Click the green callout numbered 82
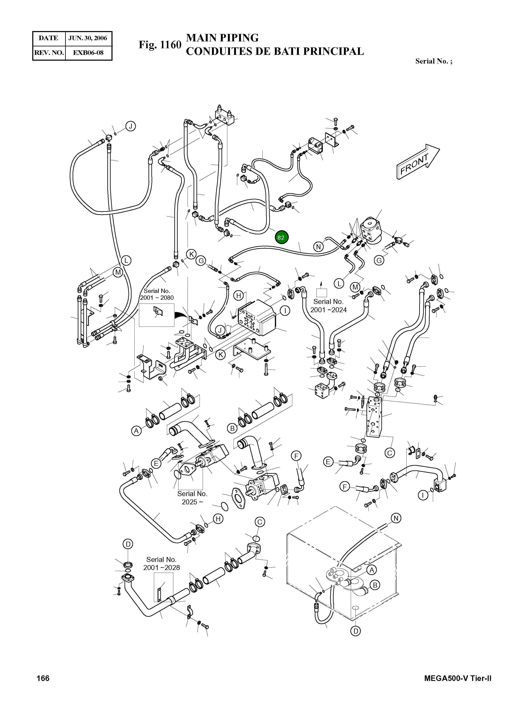(x=281, y=237)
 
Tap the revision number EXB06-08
(x=88, y=53)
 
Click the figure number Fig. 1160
(x=160, y=45)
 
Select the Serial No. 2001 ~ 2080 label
(x=157, y=294)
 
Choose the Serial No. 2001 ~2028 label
(x=162, y=563)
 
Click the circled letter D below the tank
(x=356, y=631)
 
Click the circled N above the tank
(x=396, y=518)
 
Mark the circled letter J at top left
(x=130, y=126)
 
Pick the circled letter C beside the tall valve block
(x=390, y=453)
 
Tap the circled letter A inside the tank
(x=372, y=570)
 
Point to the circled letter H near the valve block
(x=239, y=296)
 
